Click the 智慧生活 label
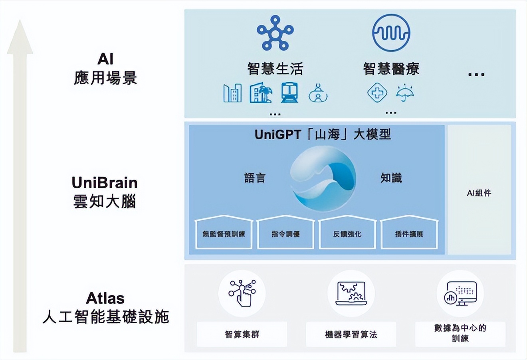click(275, 69)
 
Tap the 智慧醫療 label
click(391, 69)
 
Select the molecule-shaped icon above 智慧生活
click(275, 33)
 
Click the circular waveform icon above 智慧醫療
click(391, 33)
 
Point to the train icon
click(289, 93)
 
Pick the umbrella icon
click(405, 93)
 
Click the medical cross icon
click(377, 93)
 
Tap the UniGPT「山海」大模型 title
click(323, 135)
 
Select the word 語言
click(255, 178)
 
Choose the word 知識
click(391, 178)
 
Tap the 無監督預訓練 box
click(224, 233)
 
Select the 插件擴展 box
click(409, 233)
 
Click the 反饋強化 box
click(347, 233)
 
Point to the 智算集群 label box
click(242, 334)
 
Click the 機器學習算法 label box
click(351, 334)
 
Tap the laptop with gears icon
click(351, 294)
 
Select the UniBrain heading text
click(105, 183)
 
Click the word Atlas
click(105, 298)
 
